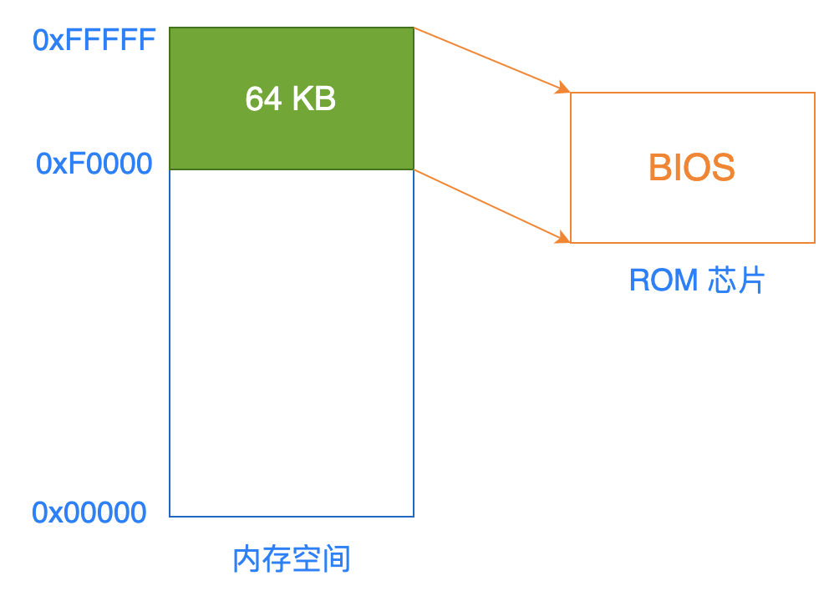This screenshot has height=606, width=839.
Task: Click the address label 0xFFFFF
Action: pos(94,40)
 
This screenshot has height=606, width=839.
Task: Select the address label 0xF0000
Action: pos(94,164)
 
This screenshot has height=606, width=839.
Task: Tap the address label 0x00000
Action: pos(89,513)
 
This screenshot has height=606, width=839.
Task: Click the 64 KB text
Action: pos(291,98)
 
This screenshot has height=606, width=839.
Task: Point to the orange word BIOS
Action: pos(692,168)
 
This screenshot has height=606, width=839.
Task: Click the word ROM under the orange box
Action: pos(664,280)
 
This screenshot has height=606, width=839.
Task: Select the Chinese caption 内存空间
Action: pos(292,559)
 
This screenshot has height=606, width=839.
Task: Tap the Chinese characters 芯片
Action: pos(736,280)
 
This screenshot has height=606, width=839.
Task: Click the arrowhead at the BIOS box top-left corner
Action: pos(564,88)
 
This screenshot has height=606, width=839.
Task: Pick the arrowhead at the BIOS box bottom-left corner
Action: pos(564,238)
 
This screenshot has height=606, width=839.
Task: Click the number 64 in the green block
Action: pos(263,98)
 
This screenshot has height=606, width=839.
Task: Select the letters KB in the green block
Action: pos(314,98)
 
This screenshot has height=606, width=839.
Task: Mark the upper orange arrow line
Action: pos(492,60)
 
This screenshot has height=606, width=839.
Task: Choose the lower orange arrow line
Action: pos(492,206)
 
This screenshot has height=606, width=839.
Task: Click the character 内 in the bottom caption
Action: pos(247,559)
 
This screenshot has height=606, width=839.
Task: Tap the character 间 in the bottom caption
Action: pos(337,559)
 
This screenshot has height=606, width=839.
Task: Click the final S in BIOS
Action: pos(723,168)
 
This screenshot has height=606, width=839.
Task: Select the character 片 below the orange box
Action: pos(751,280)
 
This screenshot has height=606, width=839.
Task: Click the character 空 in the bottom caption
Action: pos(307,559)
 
